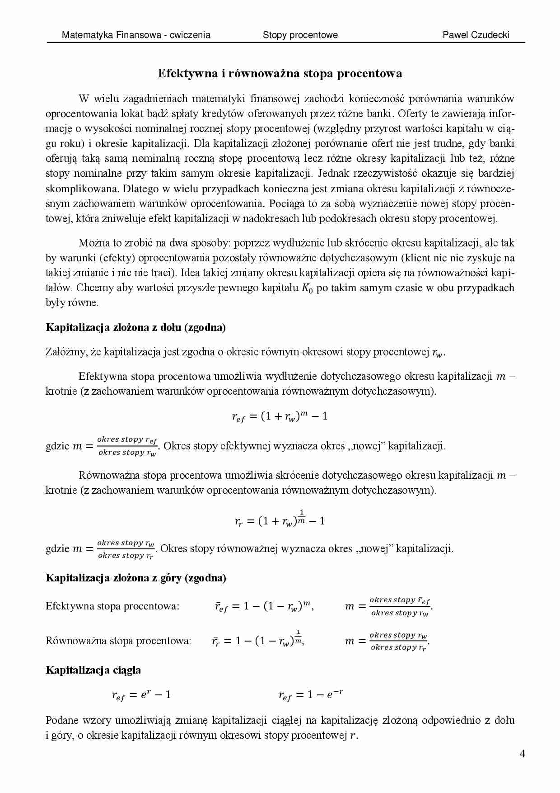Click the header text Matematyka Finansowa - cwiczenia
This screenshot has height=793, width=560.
coord(135,35)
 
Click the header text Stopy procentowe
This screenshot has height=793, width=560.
coord(300,35)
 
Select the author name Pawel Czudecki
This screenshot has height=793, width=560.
coord(476,35)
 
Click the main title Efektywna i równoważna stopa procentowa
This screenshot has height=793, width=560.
coord(280,73)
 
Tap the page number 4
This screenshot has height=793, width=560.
coord(522,754)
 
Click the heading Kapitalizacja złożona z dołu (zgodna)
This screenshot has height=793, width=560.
coord(135,327)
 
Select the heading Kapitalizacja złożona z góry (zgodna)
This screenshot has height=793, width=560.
coord(135,577)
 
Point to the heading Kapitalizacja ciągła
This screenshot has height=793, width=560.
coord(93,670)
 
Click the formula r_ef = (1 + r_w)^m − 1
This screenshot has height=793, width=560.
coord(280,416)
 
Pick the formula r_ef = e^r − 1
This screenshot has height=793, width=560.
coord(141,695)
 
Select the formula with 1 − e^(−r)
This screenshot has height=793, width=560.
coord(311,695)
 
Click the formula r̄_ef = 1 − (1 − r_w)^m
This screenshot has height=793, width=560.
coord(264,606)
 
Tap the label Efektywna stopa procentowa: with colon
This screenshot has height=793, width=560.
coord(112,606)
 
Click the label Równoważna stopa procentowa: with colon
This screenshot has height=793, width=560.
coord(118,641)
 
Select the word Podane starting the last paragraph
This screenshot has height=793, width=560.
coord(62,720)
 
